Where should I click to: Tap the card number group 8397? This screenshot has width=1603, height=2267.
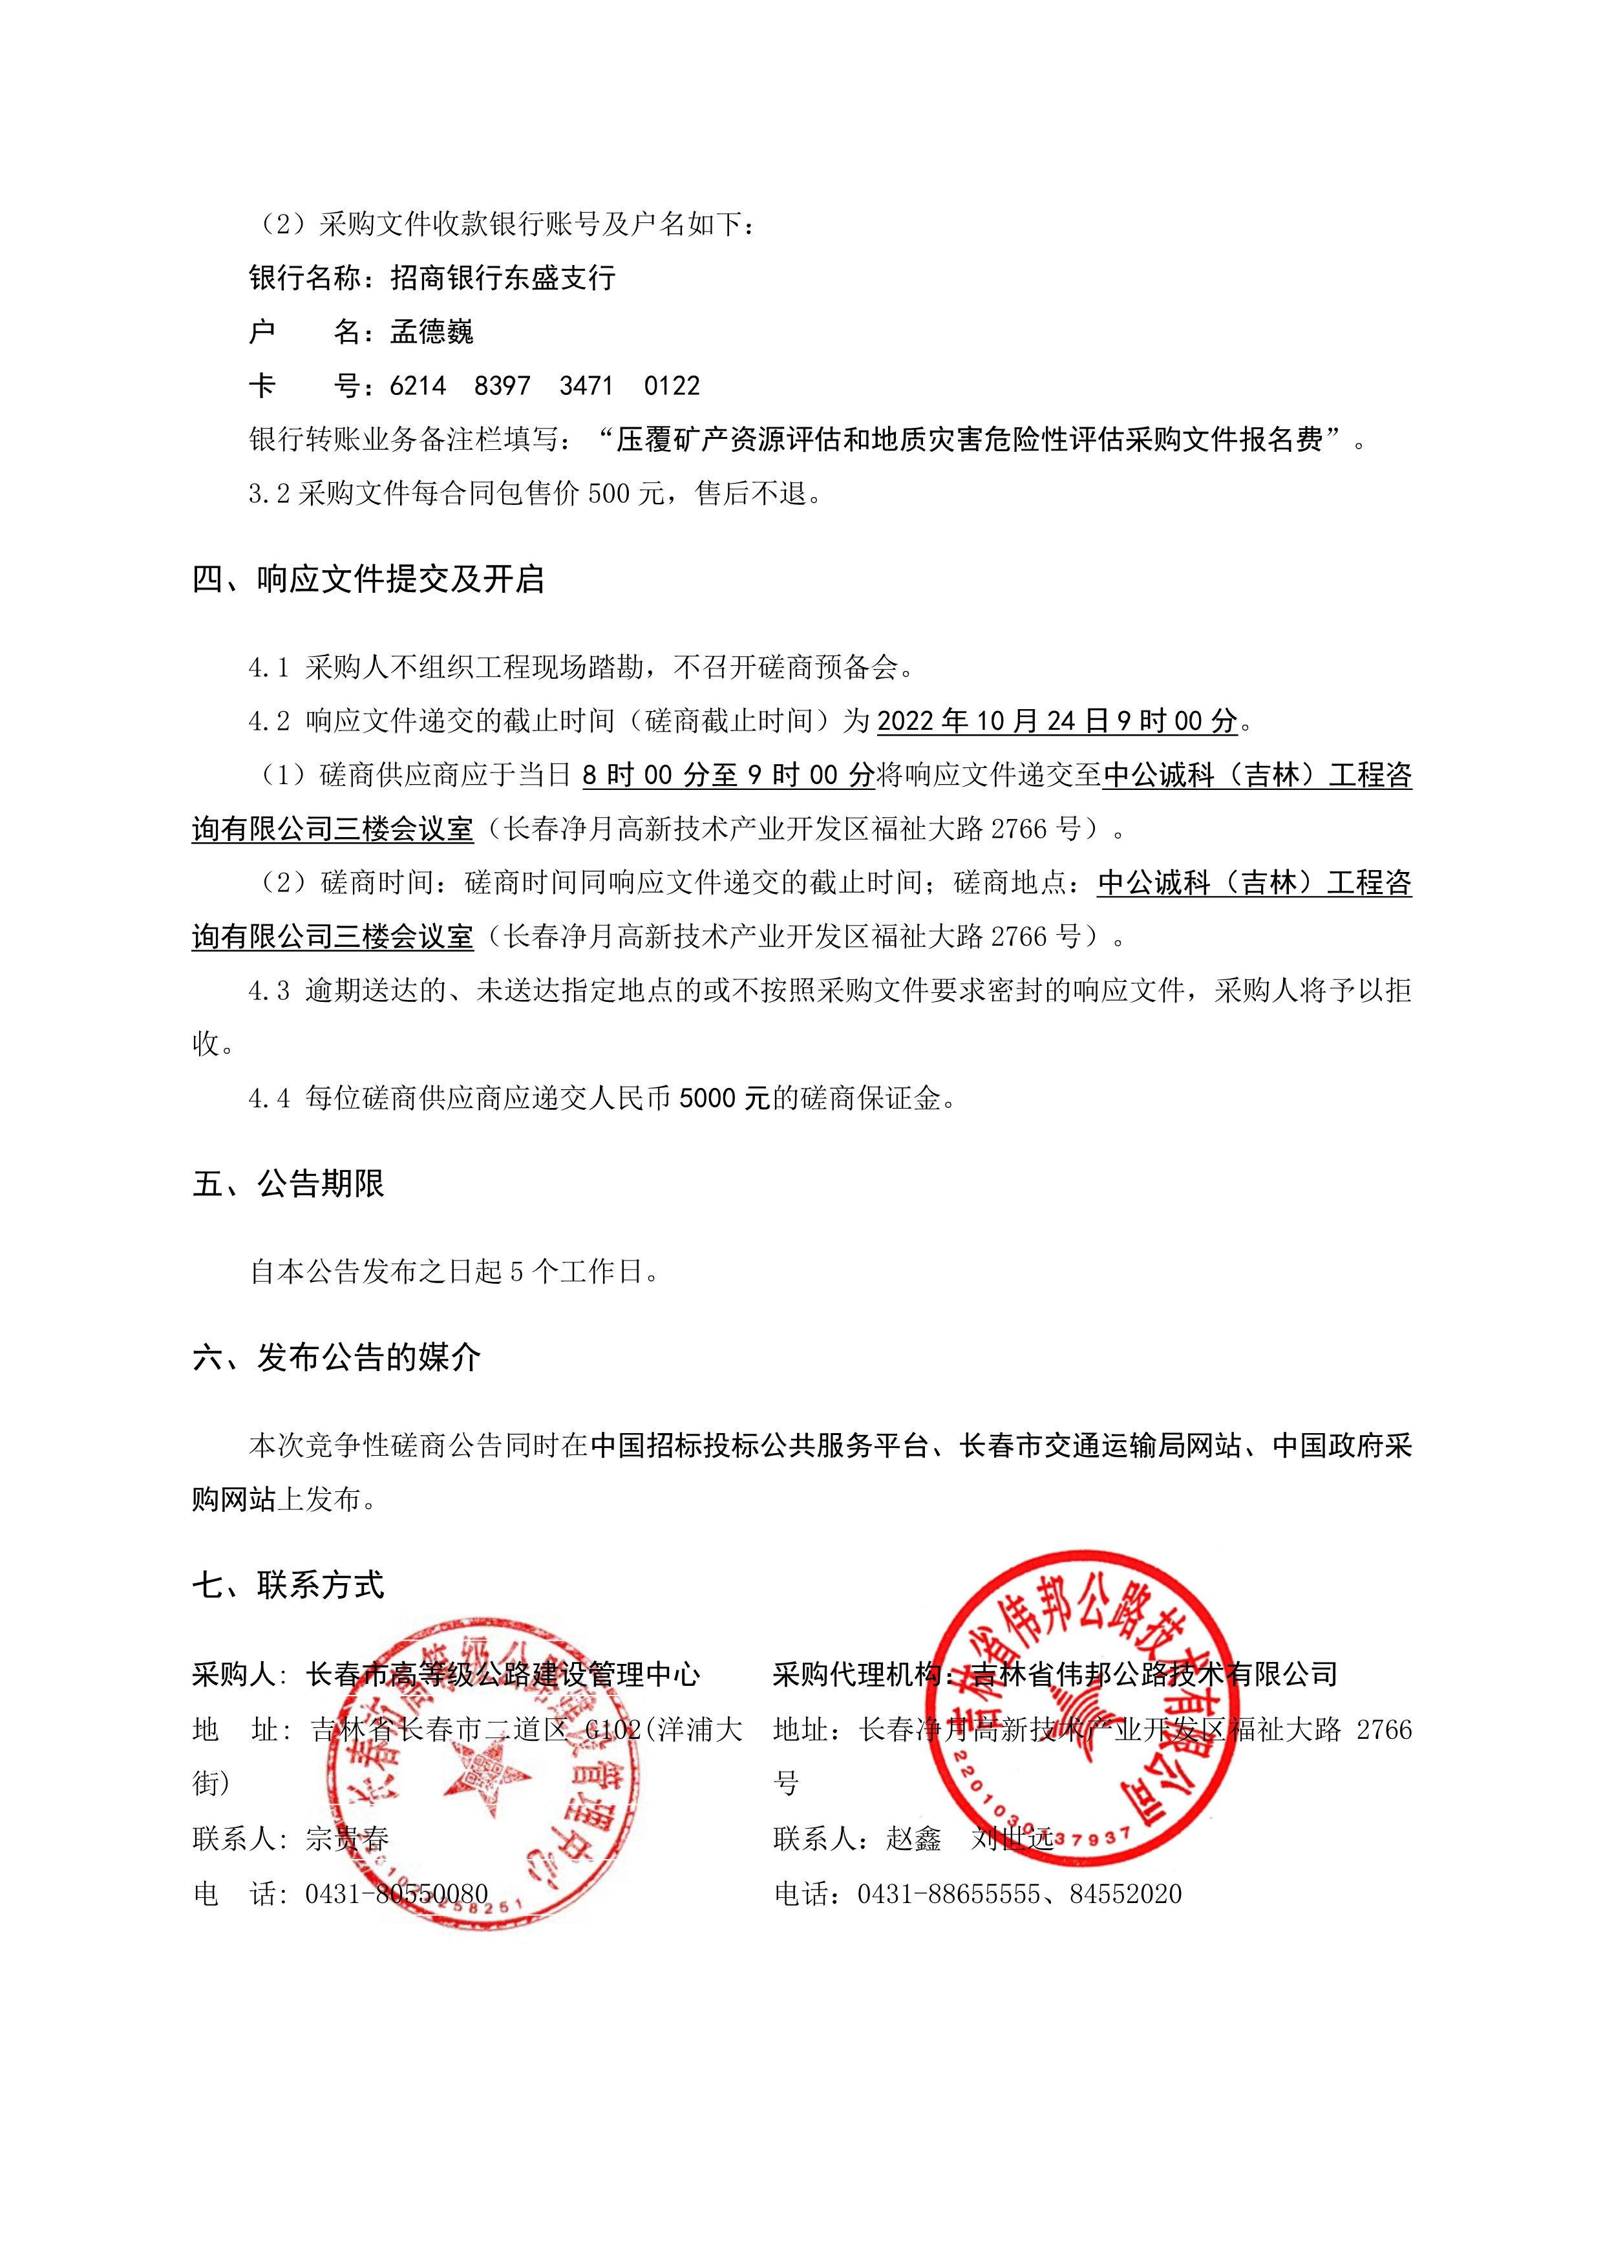502,386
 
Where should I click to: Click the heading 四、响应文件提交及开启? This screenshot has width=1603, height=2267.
368,580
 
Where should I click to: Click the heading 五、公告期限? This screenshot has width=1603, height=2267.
288,1184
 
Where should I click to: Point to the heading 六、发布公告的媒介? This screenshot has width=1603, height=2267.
337,1357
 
